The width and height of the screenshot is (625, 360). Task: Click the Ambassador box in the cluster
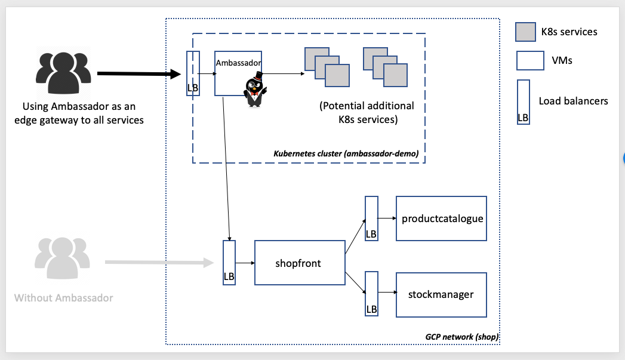(x=238, y=73)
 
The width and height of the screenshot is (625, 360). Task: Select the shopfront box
(x=300, y=263)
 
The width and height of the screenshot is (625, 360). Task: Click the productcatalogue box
(x=442, y=219)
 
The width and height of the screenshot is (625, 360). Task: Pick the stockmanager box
(x=442, y=294)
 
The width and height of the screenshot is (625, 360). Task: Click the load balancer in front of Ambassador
(x=193, y=73)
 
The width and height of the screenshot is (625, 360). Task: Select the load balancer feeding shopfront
(x=229, y=263)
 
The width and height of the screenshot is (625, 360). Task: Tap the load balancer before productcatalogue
(x=371, y=219)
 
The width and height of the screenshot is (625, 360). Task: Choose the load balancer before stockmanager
(x=371, y=293)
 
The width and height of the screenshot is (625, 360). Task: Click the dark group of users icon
(x=63, y=75)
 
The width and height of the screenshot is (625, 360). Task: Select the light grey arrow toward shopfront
(x=159, y=262)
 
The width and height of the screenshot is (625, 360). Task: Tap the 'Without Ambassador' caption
(x=63, y=297)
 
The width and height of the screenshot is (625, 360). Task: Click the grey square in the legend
(x=525, y=32)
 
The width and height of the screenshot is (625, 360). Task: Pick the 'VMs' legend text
(x=562, y=60)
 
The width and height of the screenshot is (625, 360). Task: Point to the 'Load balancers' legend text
(x=573, y=101)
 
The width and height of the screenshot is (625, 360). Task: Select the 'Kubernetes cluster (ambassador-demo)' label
(x=346, y=154)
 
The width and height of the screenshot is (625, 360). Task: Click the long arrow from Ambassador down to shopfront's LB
(x=226, y=167)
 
